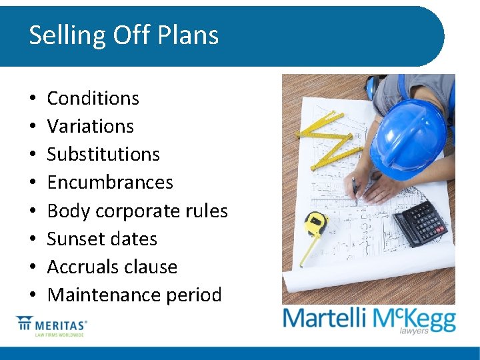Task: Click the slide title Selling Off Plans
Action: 123,35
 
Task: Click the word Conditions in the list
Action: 93,99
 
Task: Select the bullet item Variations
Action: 90,127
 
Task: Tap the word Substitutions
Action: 103,155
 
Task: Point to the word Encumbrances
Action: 110,183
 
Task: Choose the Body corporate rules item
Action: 137,211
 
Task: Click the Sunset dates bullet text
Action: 102,239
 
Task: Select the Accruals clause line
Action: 112,267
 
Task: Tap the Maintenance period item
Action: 134,295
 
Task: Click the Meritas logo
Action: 52,327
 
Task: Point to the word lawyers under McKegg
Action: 414,331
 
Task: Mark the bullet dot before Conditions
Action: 32,99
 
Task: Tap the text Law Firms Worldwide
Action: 60,335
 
